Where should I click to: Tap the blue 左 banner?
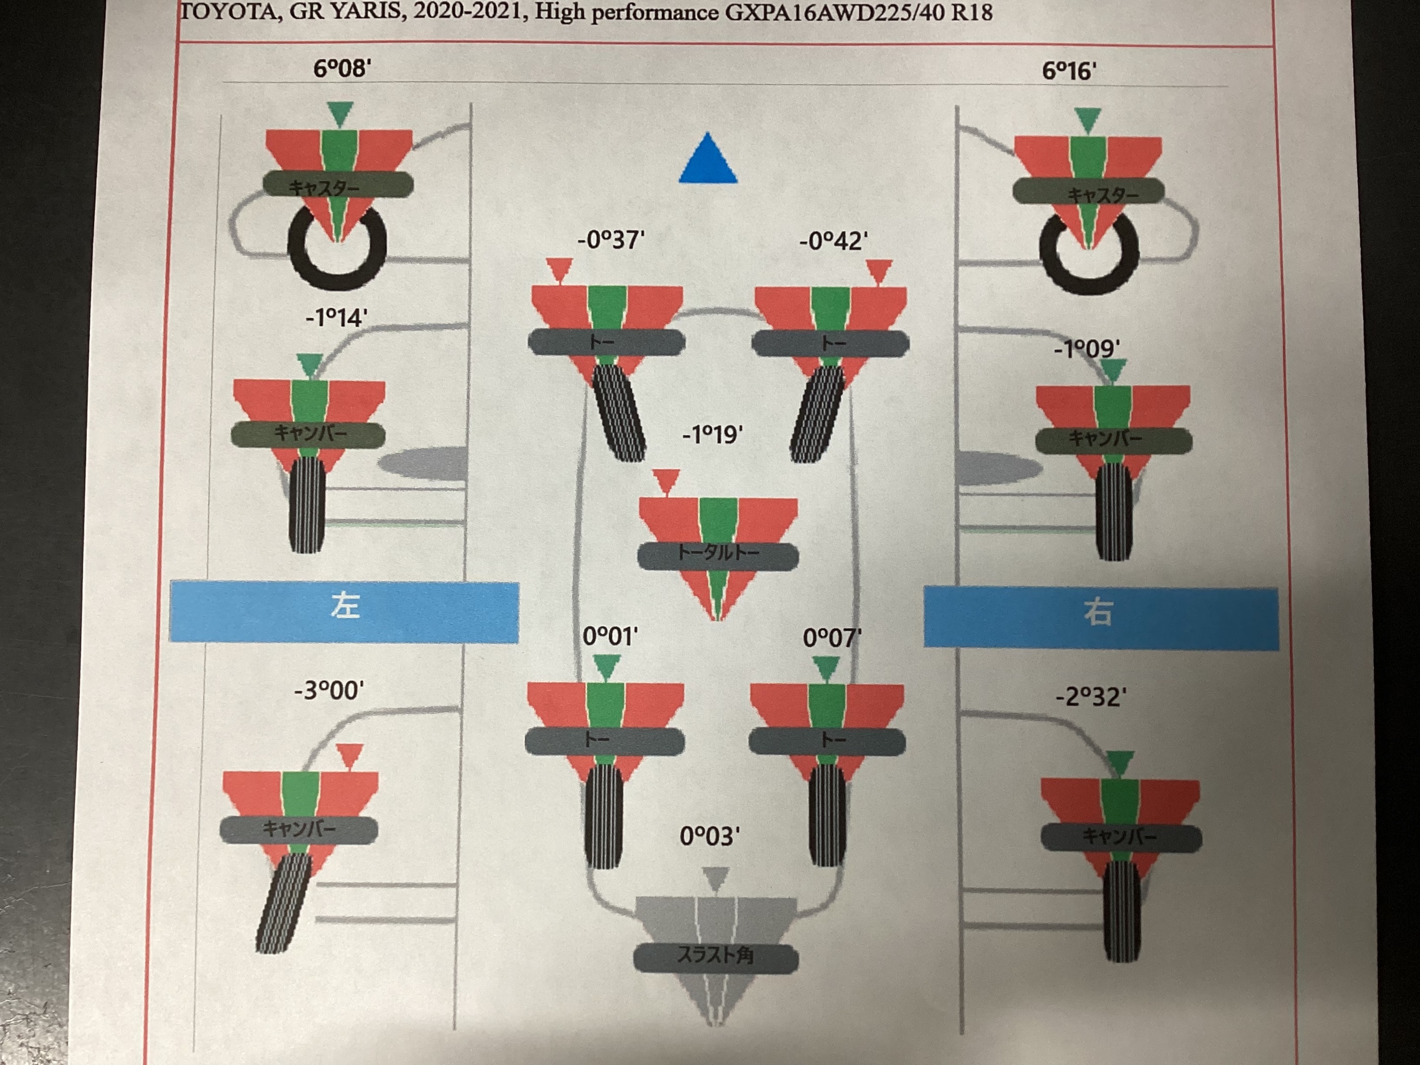click(x=344, y=611)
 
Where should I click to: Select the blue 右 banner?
click(x=1101, y=618)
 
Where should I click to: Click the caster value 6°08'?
click(x=341, y=68)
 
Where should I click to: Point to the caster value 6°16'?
click(x=1069, y=70)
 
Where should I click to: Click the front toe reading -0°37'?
click(x=611, y=240)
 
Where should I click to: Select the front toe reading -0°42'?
click(x=833, y=241)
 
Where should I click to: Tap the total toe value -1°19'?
click(x=712, y=435)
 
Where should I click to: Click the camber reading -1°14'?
click(x=337, y=318)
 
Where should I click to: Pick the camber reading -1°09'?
click(x=1087, y=349)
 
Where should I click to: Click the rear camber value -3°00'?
click(x=329, y=690)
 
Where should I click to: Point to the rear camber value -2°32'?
click(x=1091, y=697)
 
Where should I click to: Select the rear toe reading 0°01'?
click(x=610, y=637)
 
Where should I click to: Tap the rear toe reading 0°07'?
click(x=832, y=638)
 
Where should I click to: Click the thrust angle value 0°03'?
click(x=709, y=837)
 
